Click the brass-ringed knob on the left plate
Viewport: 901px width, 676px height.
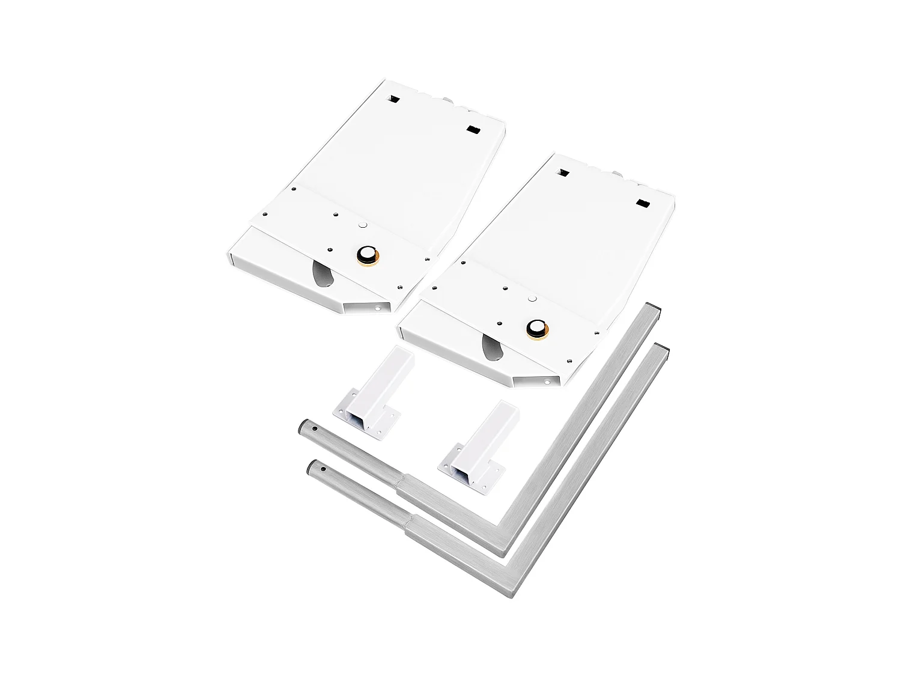(365, 255)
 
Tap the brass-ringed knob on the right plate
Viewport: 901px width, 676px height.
(535, 329)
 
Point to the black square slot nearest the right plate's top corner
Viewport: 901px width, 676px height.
(563, 172)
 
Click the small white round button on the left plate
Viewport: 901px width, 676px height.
(362, 225)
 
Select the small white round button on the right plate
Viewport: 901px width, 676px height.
(532, 299)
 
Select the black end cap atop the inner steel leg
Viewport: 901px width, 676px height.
(658, 308)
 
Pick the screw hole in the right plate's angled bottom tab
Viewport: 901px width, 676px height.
(547, 381)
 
